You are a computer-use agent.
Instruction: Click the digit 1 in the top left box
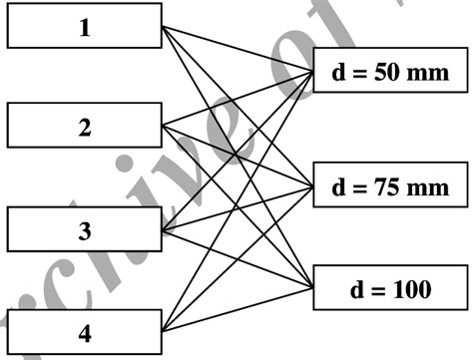tap(84, 27)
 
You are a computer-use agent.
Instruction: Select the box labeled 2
tap(84, 127)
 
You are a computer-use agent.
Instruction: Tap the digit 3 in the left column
tap(84, 231)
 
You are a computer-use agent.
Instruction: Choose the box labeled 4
tap(84, 332)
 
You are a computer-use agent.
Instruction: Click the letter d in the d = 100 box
tap(355, 290)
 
